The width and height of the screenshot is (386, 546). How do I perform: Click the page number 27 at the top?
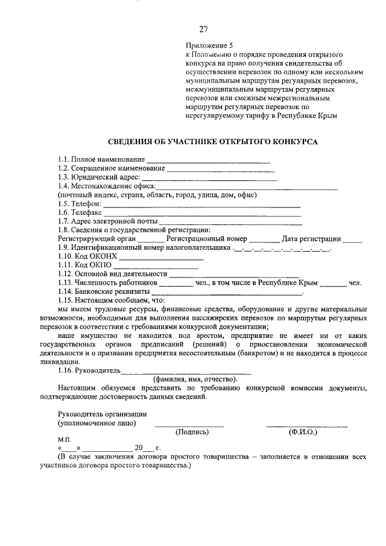tap(203, 28)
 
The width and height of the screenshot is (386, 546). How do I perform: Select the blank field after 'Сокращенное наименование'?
tap(220, 170)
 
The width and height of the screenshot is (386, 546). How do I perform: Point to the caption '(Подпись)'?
tap(192, 432)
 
